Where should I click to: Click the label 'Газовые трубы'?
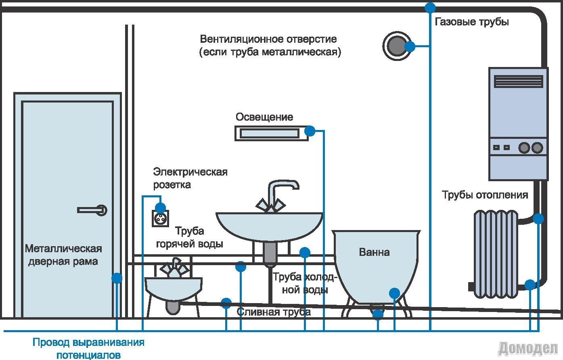click(471, 22)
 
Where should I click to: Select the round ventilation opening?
click(396, 46)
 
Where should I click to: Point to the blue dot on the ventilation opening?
click(410, 46)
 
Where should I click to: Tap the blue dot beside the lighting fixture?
click(310, 131)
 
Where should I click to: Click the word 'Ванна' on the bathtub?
click(374, 253)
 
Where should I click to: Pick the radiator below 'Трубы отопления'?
click(495, 253)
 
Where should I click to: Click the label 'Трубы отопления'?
click(485, 195)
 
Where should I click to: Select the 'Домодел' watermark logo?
click(528, 347)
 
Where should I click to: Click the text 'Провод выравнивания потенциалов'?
click(88, 349)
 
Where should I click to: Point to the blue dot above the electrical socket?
click(160, 208)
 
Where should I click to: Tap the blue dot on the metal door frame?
click(117, 278)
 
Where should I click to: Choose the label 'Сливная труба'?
click(274, 312)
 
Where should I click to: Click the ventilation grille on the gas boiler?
click(519, 81)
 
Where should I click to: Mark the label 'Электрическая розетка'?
click(190, 178)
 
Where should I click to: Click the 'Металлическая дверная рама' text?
click(63, 255)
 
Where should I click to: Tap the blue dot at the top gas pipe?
click(431, 7)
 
